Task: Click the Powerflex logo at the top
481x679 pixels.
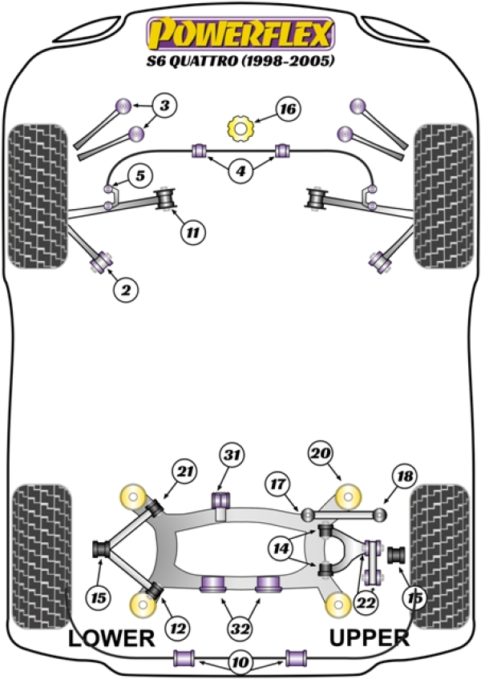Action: [x=238, y=34]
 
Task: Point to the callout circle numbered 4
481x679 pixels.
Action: [x=240, y=171]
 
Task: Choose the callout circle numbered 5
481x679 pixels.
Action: [x=139, y=175]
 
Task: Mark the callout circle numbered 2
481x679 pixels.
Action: [x=125, y=292]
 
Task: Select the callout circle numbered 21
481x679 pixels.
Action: [x=187, y=475]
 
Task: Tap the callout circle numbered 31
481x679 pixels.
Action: [x=232, y=456]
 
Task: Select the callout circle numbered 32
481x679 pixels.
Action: [x=239, y=630]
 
